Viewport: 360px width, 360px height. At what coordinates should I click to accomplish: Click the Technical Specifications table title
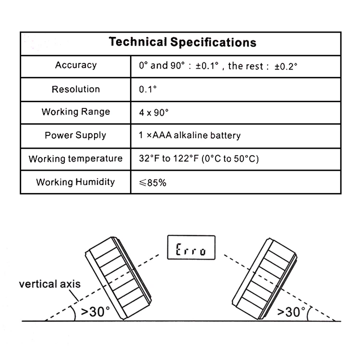pyautogui.click(x=182, y=42)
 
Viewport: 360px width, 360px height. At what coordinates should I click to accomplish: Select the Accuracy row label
pyautogui.click(x=76, y=65)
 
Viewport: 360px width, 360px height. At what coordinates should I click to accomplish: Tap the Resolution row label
pyautogui.click(x=76, y=89)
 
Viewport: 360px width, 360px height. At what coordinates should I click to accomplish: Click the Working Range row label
pyautogui.click(x=76, y=112)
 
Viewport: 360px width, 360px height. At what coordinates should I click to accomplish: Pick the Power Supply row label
pyautogui.click(x=75, y=135)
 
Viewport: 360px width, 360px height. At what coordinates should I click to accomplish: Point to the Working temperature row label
pyautogui.click(x=75, y=159)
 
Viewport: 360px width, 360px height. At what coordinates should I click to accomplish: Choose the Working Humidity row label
pyautogui.click(x=75, y=182)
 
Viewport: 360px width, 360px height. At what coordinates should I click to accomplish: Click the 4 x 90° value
pyautogui.click(x=154, y=112)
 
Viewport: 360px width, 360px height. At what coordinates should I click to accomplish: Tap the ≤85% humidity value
pyautogui.click(x=153, y=183)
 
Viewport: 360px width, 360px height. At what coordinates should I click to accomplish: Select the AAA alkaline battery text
pyautogui.click(x=196, y=135)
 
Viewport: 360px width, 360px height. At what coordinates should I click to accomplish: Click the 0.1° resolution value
pyautogui.click(x=148, y=89)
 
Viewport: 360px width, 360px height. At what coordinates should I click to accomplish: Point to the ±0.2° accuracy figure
pyautogui.click(x=286, y=67)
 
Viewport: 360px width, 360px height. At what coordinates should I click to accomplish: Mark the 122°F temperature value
pyautogui.click(x=186, y=159)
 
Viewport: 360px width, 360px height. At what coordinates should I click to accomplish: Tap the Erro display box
pyautogui.click(x=191, y=248)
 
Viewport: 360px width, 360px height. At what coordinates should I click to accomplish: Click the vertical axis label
pyautogui.click(x=50, y=284)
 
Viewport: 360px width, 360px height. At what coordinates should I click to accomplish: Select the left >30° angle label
pyautogui.click(x=96, y=312)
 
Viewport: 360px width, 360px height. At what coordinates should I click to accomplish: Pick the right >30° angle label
pyautogui.click(x=291, y=312)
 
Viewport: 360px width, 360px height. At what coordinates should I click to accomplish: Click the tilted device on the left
pyautogui.click(x=119, y=278)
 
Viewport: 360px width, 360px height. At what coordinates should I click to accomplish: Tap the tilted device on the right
pyautogui.click(x=264, y=279)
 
